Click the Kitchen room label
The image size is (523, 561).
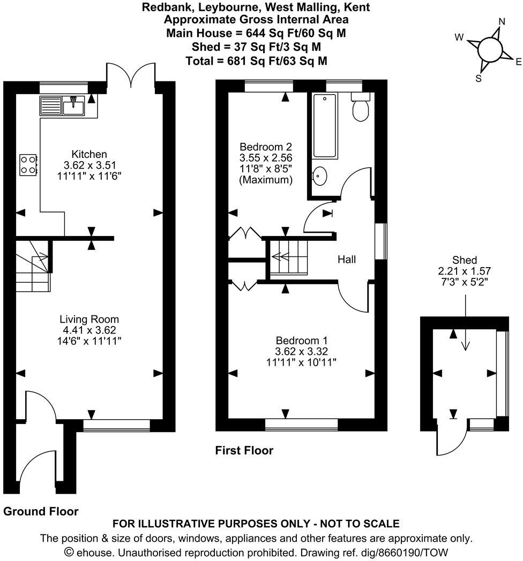[89, 154]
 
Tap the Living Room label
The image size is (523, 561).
[89, 319]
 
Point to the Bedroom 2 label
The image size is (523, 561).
[266, 147]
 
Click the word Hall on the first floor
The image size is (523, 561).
[347, 260]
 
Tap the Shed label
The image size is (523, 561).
[464, 260]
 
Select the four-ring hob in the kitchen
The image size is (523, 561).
[28, 165]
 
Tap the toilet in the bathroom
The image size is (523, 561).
[360, 108]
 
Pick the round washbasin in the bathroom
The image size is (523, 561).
[319, 175]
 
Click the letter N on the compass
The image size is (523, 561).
[502, 22]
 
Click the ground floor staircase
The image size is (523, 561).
[33, 266]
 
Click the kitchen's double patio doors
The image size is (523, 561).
[131, 73]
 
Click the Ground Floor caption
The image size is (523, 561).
[41, 511]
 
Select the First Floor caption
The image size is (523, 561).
[244, 451]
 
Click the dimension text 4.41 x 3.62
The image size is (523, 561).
[89, 330]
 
